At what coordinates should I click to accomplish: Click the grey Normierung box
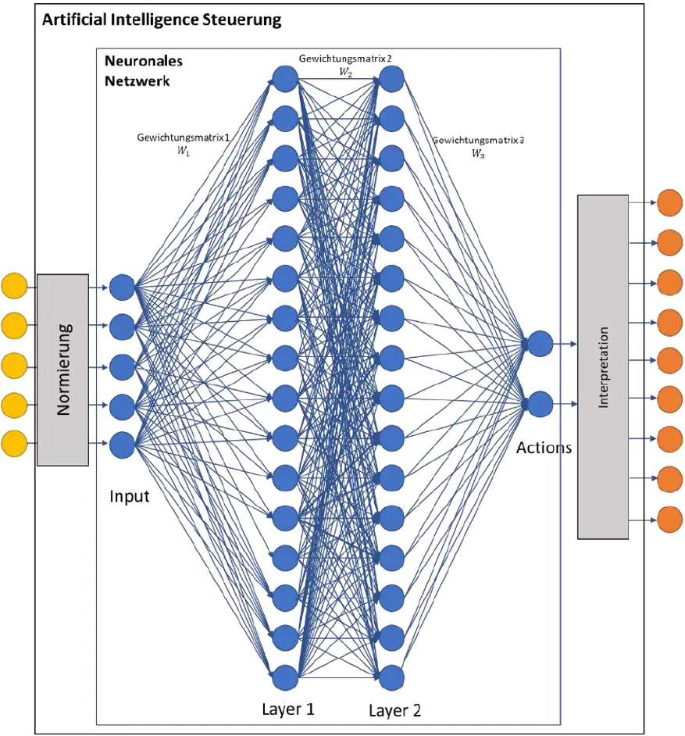click(x=62, y=370)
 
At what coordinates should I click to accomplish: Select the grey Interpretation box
click(x=603, y=366)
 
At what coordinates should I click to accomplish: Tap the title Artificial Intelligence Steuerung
click(x=162, y=20)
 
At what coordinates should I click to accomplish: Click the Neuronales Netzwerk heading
click(x=137, y=71)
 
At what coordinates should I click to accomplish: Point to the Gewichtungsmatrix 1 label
click(x=184, y=144)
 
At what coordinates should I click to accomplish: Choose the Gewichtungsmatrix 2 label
click(x=345, y=65)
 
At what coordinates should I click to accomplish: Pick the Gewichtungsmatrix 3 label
click(x=477, y=146)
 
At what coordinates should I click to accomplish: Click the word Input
click(x=130, y=496)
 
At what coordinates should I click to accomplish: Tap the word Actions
click(x=544, y=448)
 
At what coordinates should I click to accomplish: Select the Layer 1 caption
click(x=288, y=709)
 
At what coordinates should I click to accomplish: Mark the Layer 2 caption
click(x=394, y=710)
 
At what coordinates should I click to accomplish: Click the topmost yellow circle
click(x=14, y=285)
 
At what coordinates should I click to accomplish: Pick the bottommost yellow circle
click(x=14, y=443)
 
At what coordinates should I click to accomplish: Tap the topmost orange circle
click(x=669, y=203)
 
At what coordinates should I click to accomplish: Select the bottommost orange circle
click(x=669, y=520)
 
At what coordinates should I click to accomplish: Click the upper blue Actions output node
click(x=540, y=344)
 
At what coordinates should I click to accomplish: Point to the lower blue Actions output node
click(x=540, y=404)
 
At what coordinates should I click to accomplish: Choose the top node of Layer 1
click(x=285, y=79)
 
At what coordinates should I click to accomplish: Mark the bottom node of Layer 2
click(x=391, y=678)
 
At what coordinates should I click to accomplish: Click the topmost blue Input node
click(x=122, y=288)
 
